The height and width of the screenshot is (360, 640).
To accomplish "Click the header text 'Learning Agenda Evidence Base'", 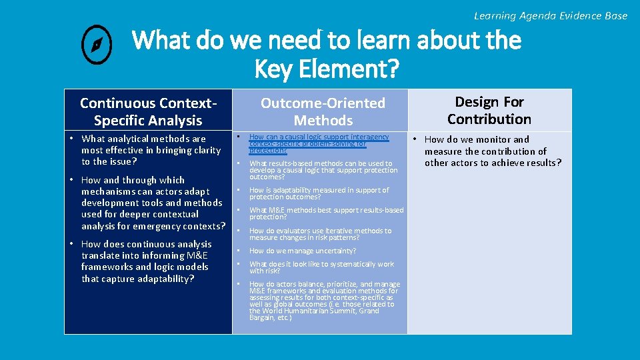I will point(550,15).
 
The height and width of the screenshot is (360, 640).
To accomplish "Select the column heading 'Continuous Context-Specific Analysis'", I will point(148,112).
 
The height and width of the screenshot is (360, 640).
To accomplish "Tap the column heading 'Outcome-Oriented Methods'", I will point(323,112).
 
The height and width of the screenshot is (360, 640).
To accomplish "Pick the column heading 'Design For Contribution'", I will point(489,111).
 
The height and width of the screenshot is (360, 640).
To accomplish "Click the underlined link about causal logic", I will point(319,143).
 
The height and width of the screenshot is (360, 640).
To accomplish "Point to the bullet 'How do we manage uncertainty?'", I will point(302,251).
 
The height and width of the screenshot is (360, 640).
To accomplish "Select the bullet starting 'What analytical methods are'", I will point(151,150).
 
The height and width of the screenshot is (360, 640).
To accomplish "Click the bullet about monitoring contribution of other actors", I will point(493,151).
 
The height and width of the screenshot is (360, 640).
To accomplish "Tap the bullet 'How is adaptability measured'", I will point(319,193).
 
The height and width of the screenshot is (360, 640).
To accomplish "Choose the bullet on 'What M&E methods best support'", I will point(326,213).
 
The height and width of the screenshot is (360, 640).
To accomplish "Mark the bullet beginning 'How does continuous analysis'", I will point(146,261).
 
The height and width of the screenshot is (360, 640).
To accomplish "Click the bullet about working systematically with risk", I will point(321,267).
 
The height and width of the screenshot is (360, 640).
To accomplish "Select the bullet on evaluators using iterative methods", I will point(320,234).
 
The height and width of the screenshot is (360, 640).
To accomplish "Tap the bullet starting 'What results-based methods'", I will point(323,170).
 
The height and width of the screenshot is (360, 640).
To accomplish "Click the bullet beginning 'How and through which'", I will point(153,203).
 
